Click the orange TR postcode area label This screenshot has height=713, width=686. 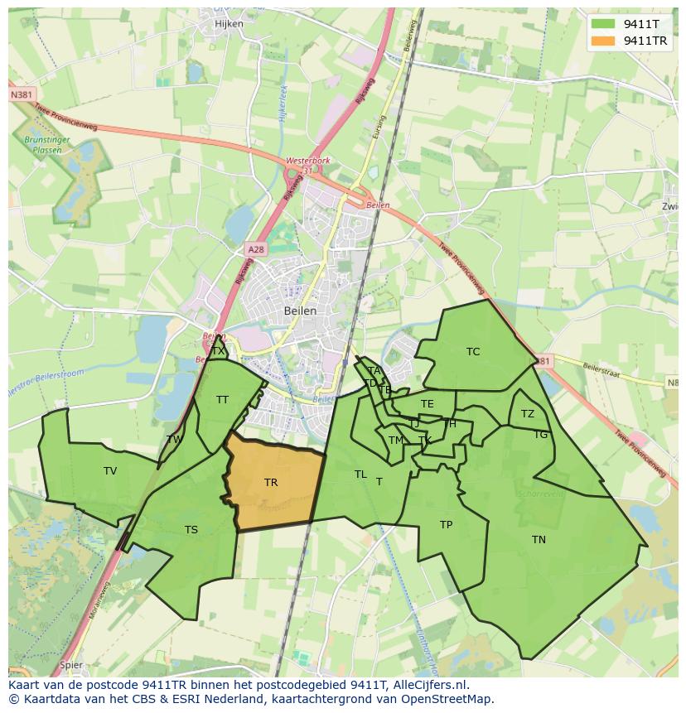tap(271, 482)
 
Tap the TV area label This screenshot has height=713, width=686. tap(110, 471)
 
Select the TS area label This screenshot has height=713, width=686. tap(191, 530)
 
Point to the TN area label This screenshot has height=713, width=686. tap(539, 540)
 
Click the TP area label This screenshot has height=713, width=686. tap(446, 525)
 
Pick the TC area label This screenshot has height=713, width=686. tap(473, 352)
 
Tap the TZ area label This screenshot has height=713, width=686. tap(528, 414)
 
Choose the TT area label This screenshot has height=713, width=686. tap(222, 400)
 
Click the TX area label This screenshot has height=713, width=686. tap(218, 351)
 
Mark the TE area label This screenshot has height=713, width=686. tap(428, 404)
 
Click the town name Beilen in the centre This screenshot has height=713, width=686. tap(300, 311)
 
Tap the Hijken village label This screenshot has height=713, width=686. tap(229, 24)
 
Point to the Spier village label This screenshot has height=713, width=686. tap(71, 664)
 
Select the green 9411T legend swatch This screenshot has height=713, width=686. tap(604, 24)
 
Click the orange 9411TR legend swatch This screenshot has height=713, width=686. tap(604, 41)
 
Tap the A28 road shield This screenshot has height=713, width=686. tap(255, 248)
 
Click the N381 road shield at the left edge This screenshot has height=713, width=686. tap(22, 95)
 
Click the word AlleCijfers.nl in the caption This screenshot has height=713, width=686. tap(432, 685)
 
